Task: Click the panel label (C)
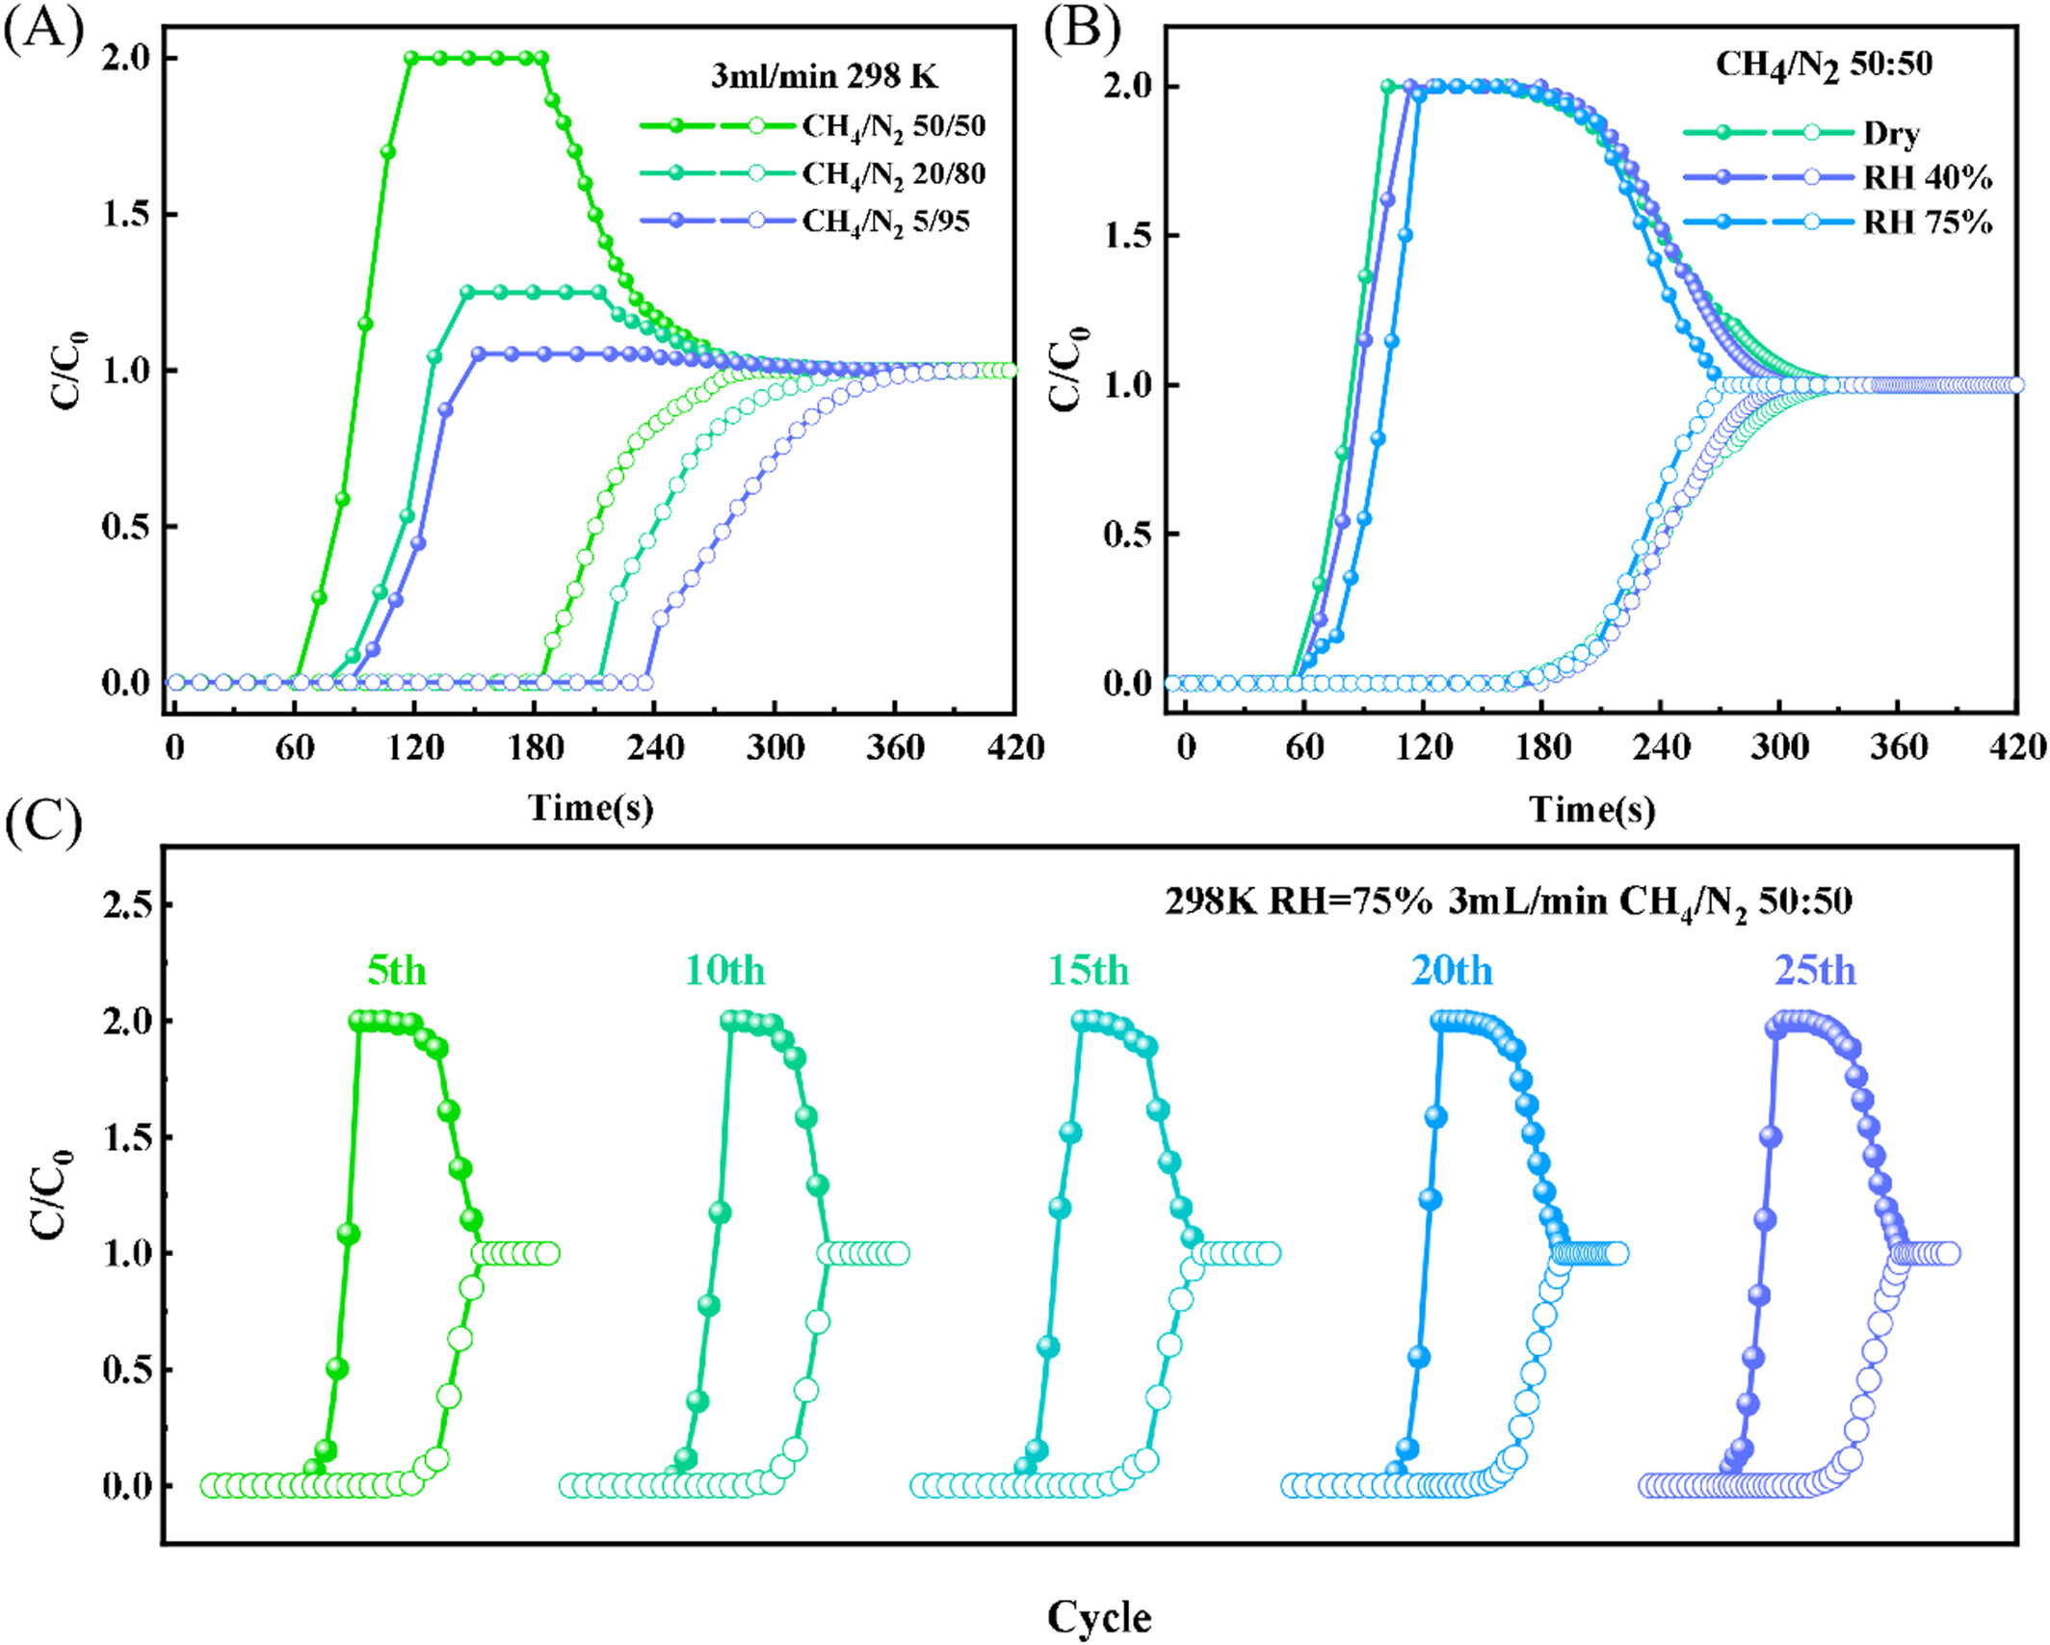43,823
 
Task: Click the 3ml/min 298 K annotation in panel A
825,75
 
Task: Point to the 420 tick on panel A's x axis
1015,747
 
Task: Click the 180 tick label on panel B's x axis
1543,747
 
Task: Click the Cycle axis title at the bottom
1099,1618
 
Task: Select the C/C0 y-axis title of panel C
51,1194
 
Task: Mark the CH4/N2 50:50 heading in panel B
1824,65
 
